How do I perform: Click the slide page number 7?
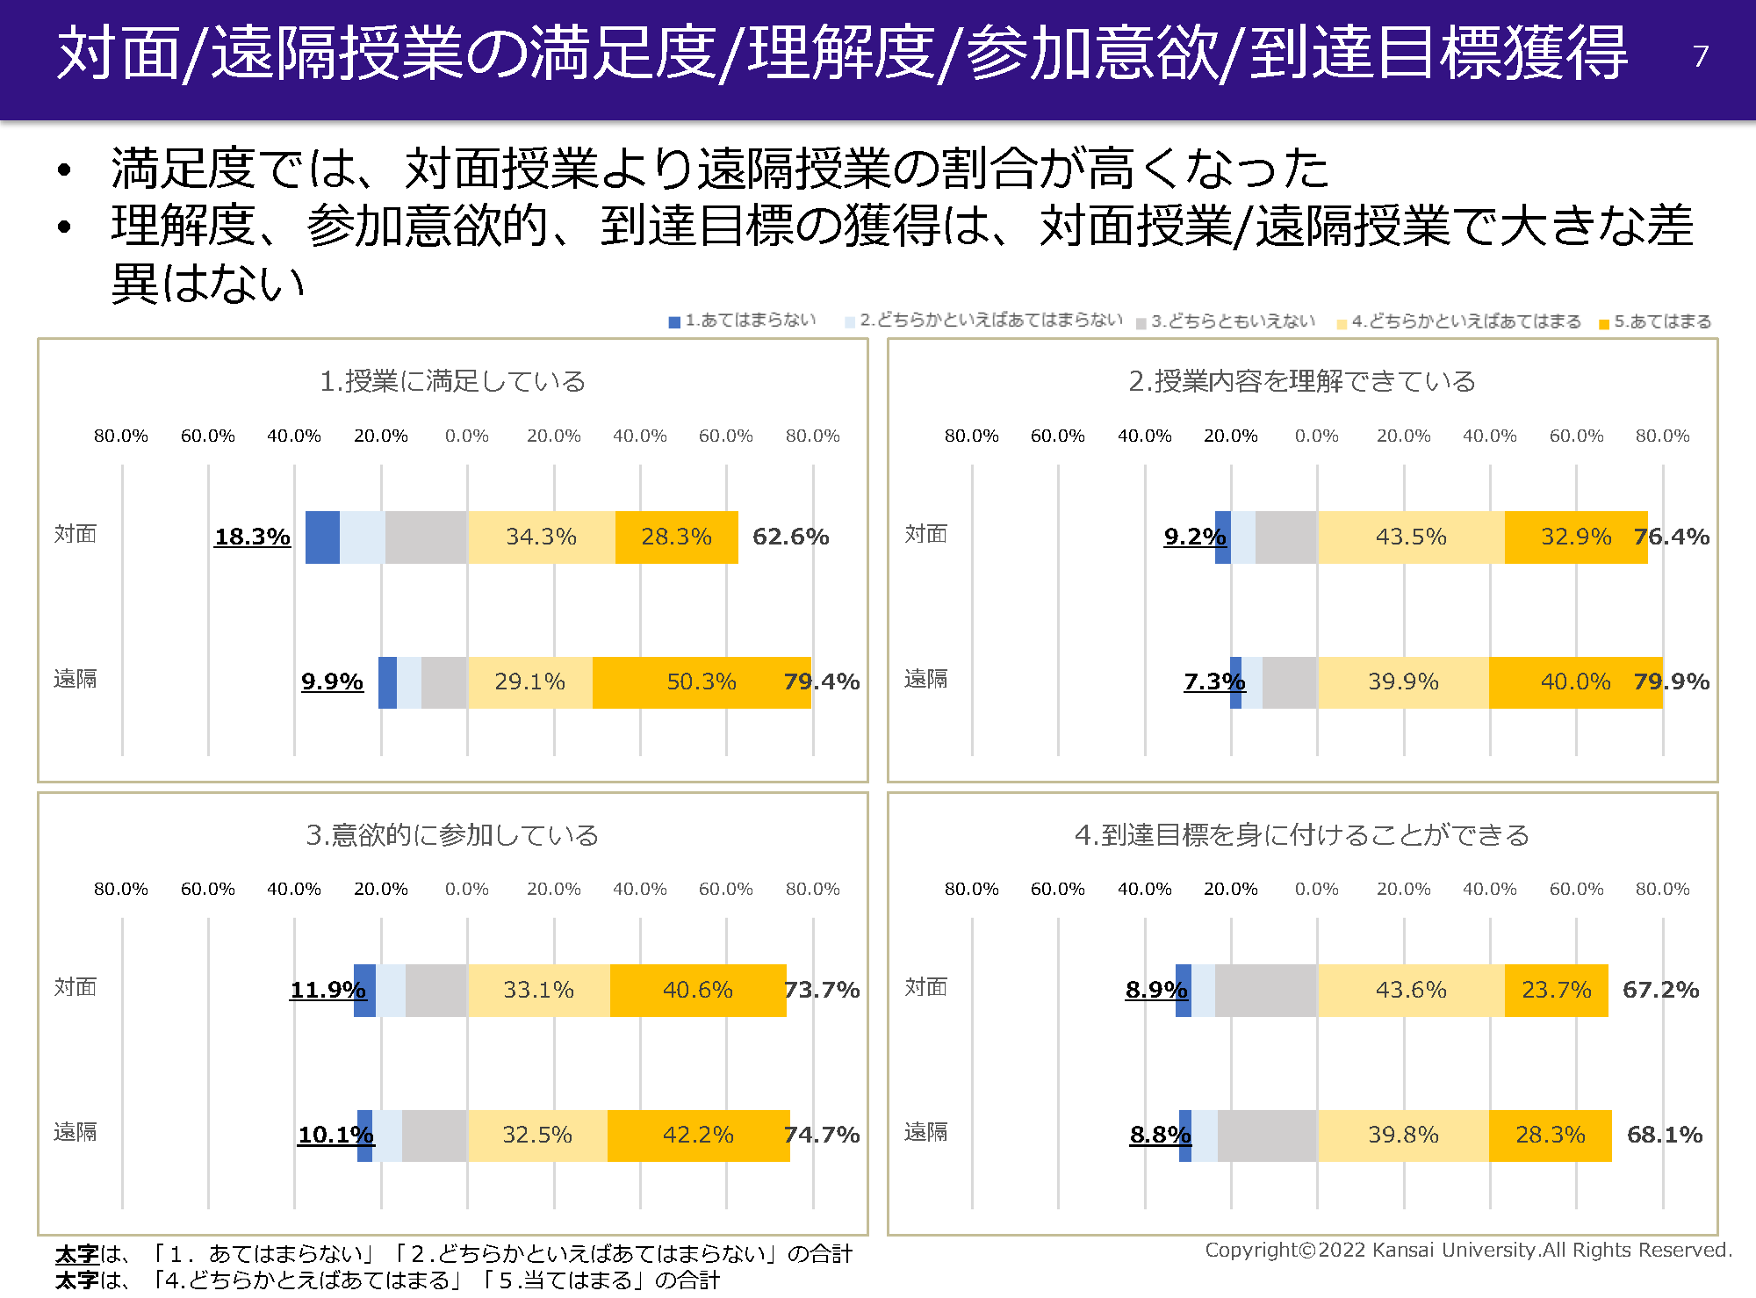pyautogui.click(x=1700, y=56)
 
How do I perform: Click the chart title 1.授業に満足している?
pyautogui.click(x=452, y=381)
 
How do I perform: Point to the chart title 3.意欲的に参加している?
pyautogui.click(x=452, y=834)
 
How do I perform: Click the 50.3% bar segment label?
pyautogui.click(x=701, y=681)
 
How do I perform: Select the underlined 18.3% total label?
pyautogui.click(x=252, y=537)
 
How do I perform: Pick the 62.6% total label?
pyautogui.click(x=790, y=537)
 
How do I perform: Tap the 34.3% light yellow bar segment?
pyautogui.click(x=541, y=537)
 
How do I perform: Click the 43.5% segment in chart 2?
pyautogui.click(x=1410, y=537)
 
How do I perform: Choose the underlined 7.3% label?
pyautogui.click(x=1213, y=681)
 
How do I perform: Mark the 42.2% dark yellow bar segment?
pyautogui.click(x=697, y=1135)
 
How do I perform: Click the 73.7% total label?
pyautogui.click(x=822, y=990)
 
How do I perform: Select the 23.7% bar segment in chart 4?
pyautogui.click(x=1556, y=990)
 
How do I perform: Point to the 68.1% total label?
pyautogui.click(x=1664, y=1135)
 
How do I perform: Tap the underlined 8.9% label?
pyautogui.click(x=1155, y=990)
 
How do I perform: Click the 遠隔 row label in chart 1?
pyautogui.click(x=76, y=679)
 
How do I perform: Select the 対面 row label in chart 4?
pyautogui.click(x=925, y=987)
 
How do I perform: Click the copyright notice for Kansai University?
pyautogui.click(x=1467, y=1250)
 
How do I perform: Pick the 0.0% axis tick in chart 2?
pyautogui.click(x=1316, y=436)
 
